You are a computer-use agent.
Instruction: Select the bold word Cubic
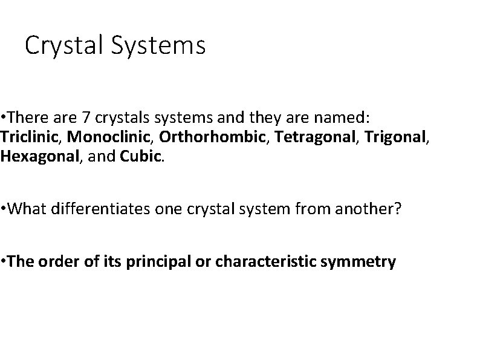tap(141, 157)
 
